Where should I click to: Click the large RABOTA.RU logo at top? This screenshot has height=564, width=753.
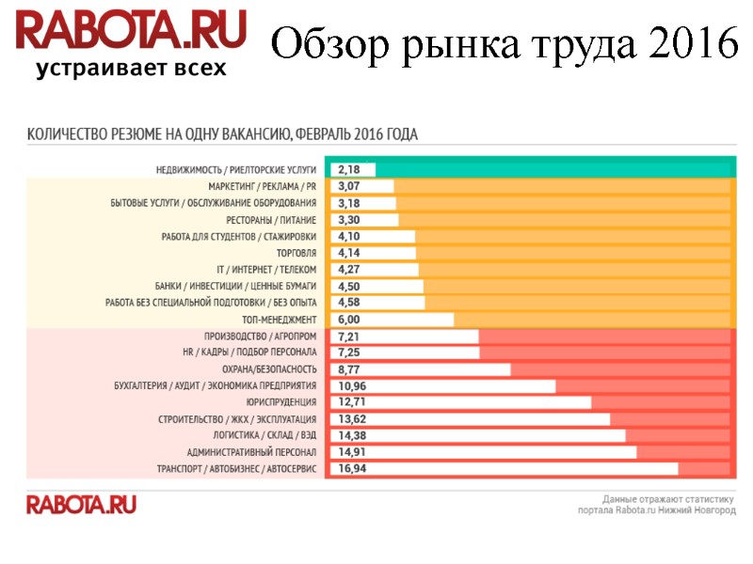pyautogui.click(x=131, y=31)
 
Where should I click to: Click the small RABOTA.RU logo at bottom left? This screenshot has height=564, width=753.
pyautogui.click(x=81, y=505)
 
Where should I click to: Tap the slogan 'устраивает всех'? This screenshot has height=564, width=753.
pyautogui.click(x=131, y=69)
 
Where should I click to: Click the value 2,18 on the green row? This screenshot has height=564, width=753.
pyautogui.click(x=348, y=169)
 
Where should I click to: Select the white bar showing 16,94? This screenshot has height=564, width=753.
pyautogui.click(x=503, y=468)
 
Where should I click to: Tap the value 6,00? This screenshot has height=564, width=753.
pyautogui.click(x=348, y=320)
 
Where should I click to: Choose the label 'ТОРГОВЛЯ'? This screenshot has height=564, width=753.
pyautogui.click(x=296, y=253)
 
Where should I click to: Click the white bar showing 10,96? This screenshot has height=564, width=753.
pyautogui.click(x=441, y=385)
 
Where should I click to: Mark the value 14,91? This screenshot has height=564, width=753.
pyautogui.click(x=352, y=452)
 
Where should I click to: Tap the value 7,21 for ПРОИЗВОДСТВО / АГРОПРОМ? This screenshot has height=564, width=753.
pyautogui.click(x=348, y=336)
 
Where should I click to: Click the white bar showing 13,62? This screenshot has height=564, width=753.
pyautogui.click(x=469, y=418)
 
